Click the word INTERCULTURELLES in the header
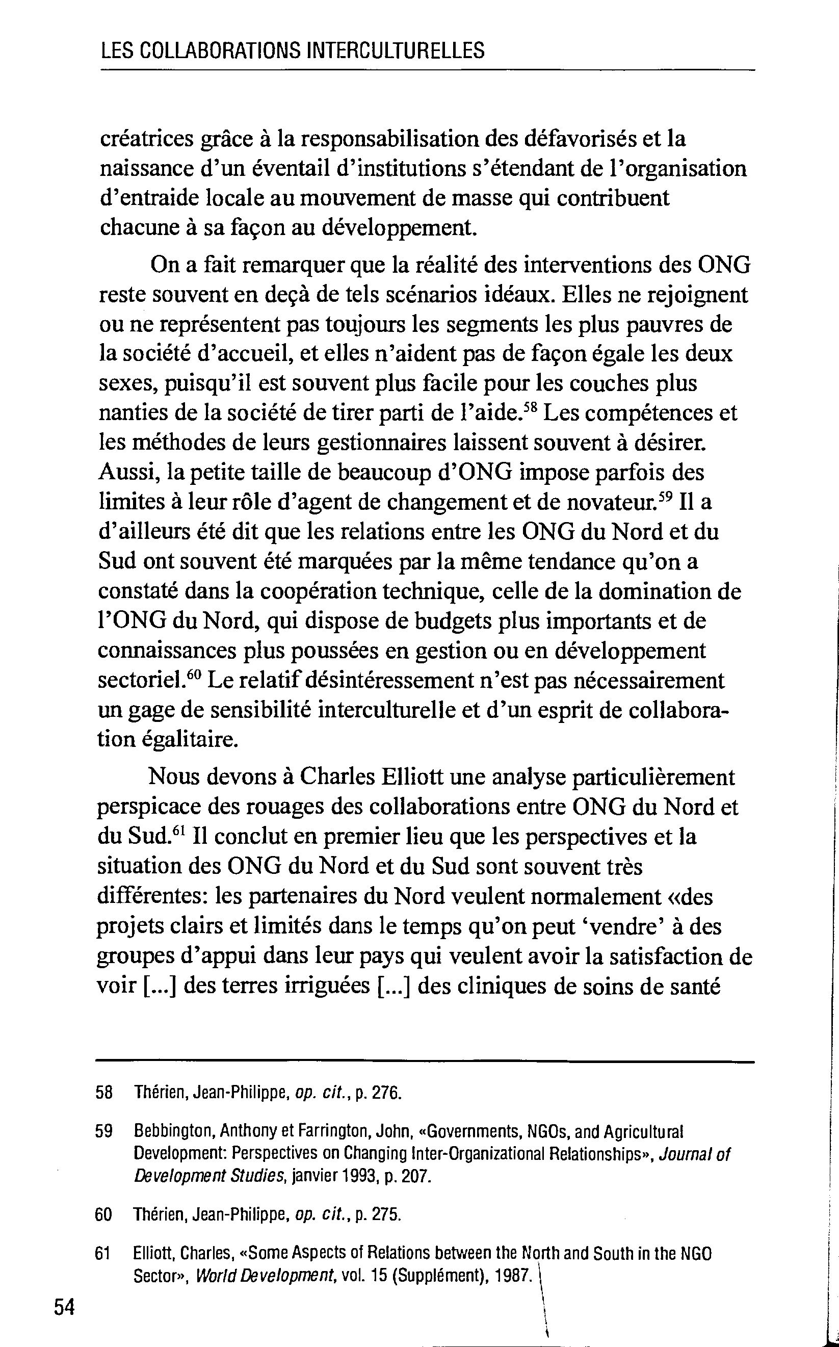click(x=395, y=51)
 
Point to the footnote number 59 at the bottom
click(x=104, y=1131)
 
